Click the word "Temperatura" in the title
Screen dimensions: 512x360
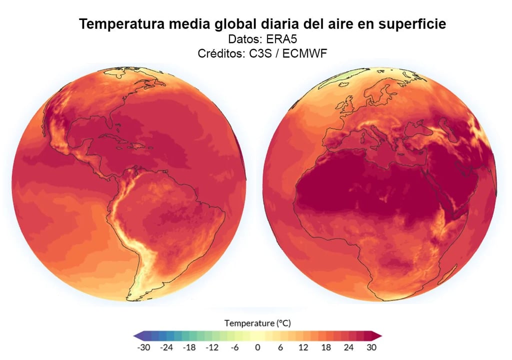coord(121,24)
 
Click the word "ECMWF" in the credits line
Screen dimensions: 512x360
coord(304,53)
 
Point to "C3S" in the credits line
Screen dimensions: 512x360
coord(260,53)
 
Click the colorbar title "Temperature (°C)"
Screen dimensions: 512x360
coord(257,323)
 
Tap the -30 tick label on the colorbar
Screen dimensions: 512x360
coord(143,347)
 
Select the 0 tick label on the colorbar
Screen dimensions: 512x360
coord(257,347)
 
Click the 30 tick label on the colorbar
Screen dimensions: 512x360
coord(371,347)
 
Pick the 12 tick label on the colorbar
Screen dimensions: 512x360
coord(303,347)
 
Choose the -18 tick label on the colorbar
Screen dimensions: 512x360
coord(189,347)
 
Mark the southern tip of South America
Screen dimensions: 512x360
coord(128,298)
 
